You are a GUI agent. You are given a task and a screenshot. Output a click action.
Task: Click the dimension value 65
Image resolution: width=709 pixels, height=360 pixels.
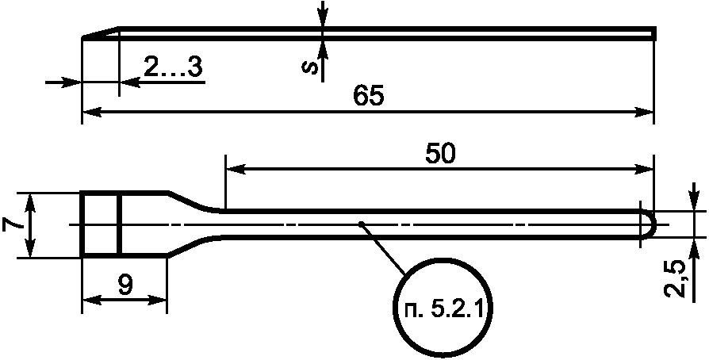point(369,96)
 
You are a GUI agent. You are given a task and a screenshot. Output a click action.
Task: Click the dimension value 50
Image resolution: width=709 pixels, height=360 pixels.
point(440,154)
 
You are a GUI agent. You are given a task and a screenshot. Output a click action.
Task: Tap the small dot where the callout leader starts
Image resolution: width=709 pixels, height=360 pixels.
point(362,224)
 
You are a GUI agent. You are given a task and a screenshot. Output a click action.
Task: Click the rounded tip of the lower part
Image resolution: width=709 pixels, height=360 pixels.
point(650,224)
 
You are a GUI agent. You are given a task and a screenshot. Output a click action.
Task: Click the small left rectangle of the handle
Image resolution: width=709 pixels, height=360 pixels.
point(100,224)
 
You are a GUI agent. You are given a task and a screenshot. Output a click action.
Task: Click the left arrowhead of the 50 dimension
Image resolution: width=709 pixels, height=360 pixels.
point(234,168)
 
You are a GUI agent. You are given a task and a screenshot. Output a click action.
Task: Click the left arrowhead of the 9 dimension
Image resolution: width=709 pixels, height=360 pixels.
point(90,299)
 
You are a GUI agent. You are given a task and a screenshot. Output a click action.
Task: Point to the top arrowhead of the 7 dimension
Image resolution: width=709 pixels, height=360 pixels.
point(31,201)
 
